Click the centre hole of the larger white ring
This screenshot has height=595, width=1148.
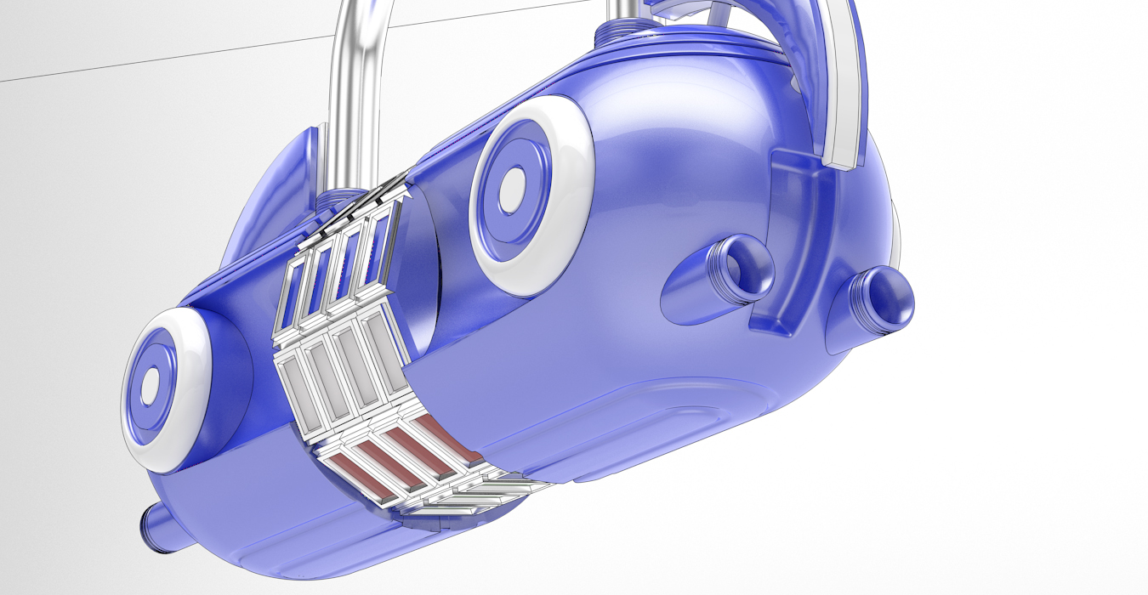(514, 189)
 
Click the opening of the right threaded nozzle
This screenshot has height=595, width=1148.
(890, 299)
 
